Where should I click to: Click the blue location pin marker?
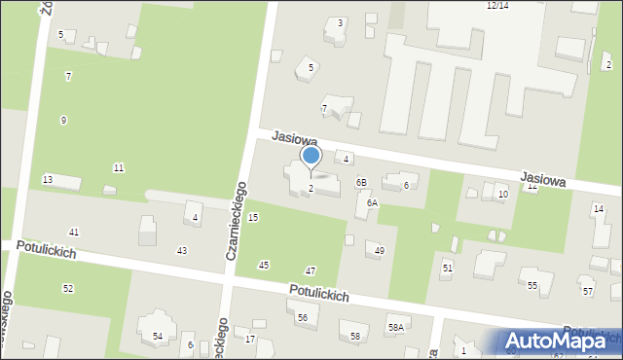pyautogui.click(x=311, y=157)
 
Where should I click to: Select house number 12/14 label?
pyautogui.click(x=496, y=5)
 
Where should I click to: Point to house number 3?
pyautogui.click(x=340, y=22)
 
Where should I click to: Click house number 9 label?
pyautogui.click(x=63, y=120)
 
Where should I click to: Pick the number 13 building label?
pyautogui.click(x=47, y=179)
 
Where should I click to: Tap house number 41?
pyautogui.click(x=74, y=232)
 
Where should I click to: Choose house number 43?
pyautogui.click(x=181, y=251)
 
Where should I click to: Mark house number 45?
pyautogui.click(x=263, y=266)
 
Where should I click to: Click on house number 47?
pyautogui.click(x=311, y=270)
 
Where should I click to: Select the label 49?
pyautogui.click(x=379, y=251)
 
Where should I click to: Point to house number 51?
pyautogui.click(x=448, y=268)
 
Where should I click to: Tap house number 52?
pyautogui.click(x=68, y=288)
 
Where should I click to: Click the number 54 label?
pyautogui.click(x=158, y=336)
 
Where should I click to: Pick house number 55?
pyautogui.click(x=532, y=285)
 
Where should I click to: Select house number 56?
pyautogui.click(x=303, y=318)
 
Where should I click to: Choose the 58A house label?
pyautogui.click(x=395, y=328)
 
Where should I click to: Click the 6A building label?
pyautogui.click(x=371, y=203)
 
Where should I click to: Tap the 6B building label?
pyautogui.click(x=360, y=182)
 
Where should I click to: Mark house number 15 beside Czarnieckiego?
pyautogui.click(x=253, y=217)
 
